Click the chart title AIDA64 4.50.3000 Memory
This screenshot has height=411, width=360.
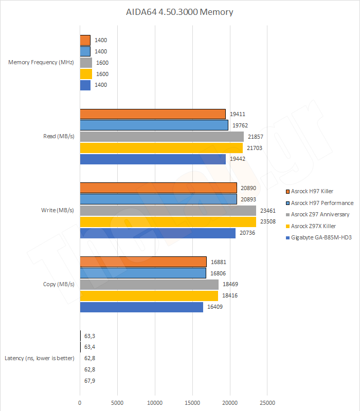tap(179, 11)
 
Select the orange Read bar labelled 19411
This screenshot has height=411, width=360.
tap(153, 114)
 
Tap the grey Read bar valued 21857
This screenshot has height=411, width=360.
tap(161, 137)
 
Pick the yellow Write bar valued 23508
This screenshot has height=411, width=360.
tap(168, 222)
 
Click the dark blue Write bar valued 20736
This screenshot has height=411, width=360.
tap(157, 233)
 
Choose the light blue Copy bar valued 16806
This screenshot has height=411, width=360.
tap(143, 273)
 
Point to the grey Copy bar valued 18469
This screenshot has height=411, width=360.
tap(149, 285)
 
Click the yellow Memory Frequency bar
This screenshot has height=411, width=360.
tap(86, 74)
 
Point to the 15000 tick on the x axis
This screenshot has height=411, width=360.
tap(192, 403)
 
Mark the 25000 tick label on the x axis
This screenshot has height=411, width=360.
tap(267, 403)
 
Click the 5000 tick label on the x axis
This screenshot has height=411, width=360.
tap(117, 403)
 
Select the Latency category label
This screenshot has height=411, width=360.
tap(39, 358)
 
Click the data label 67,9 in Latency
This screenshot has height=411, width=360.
tap(90, 381)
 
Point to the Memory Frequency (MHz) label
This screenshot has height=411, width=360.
tap(42, 63)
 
